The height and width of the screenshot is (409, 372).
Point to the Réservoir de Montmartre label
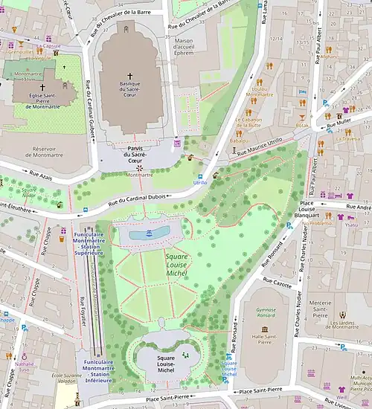point(56,154)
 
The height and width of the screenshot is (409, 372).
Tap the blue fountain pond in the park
point(149,234)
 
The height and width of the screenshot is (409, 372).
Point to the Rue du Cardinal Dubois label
point(139,200)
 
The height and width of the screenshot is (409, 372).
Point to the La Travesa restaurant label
point(348,138)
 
